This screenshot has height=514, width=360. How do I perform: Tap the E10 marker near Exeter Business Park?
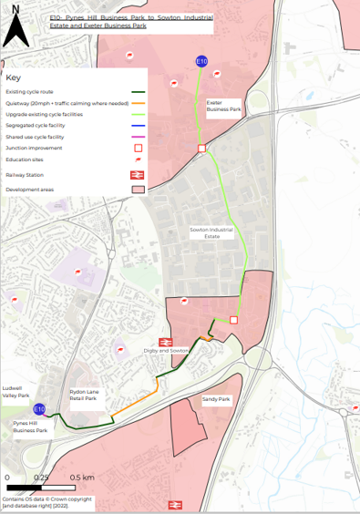[201, 61]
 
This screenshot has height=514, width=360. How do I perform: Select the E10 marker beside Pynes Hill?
[39, 410]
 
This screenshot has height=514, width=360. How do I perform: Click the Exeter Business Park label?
[223, 106]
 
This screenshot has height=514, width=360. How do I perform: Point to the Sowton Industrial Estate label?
[206, 233]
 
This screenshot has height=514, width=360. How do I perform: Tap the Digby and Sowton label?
[166, 350]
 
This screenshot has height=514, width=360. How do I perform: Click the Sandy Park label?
[216, 399]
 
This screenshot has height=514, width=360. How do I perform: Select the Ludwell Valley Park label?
[17, 390]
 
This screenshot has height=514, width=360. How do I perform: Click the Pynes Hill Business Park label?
[29, 427]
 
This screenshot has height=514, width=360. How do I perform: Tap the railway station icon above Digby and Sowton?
[179, 337]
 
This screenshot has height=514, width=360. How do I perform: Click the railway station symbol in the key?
[139, 174]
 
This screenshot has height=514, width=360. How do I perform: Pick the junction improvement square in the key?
[139, 147]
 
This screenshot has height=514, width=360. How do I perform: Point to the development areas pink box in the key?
[139, 190]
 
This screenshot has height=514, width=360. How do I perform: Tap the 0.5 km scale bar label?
[82, 477]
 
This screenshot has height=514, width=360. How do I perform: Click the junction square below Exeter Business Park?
[201, 148]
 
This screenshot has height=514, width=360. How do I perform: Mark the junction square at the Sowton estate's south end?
[233, 320]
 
